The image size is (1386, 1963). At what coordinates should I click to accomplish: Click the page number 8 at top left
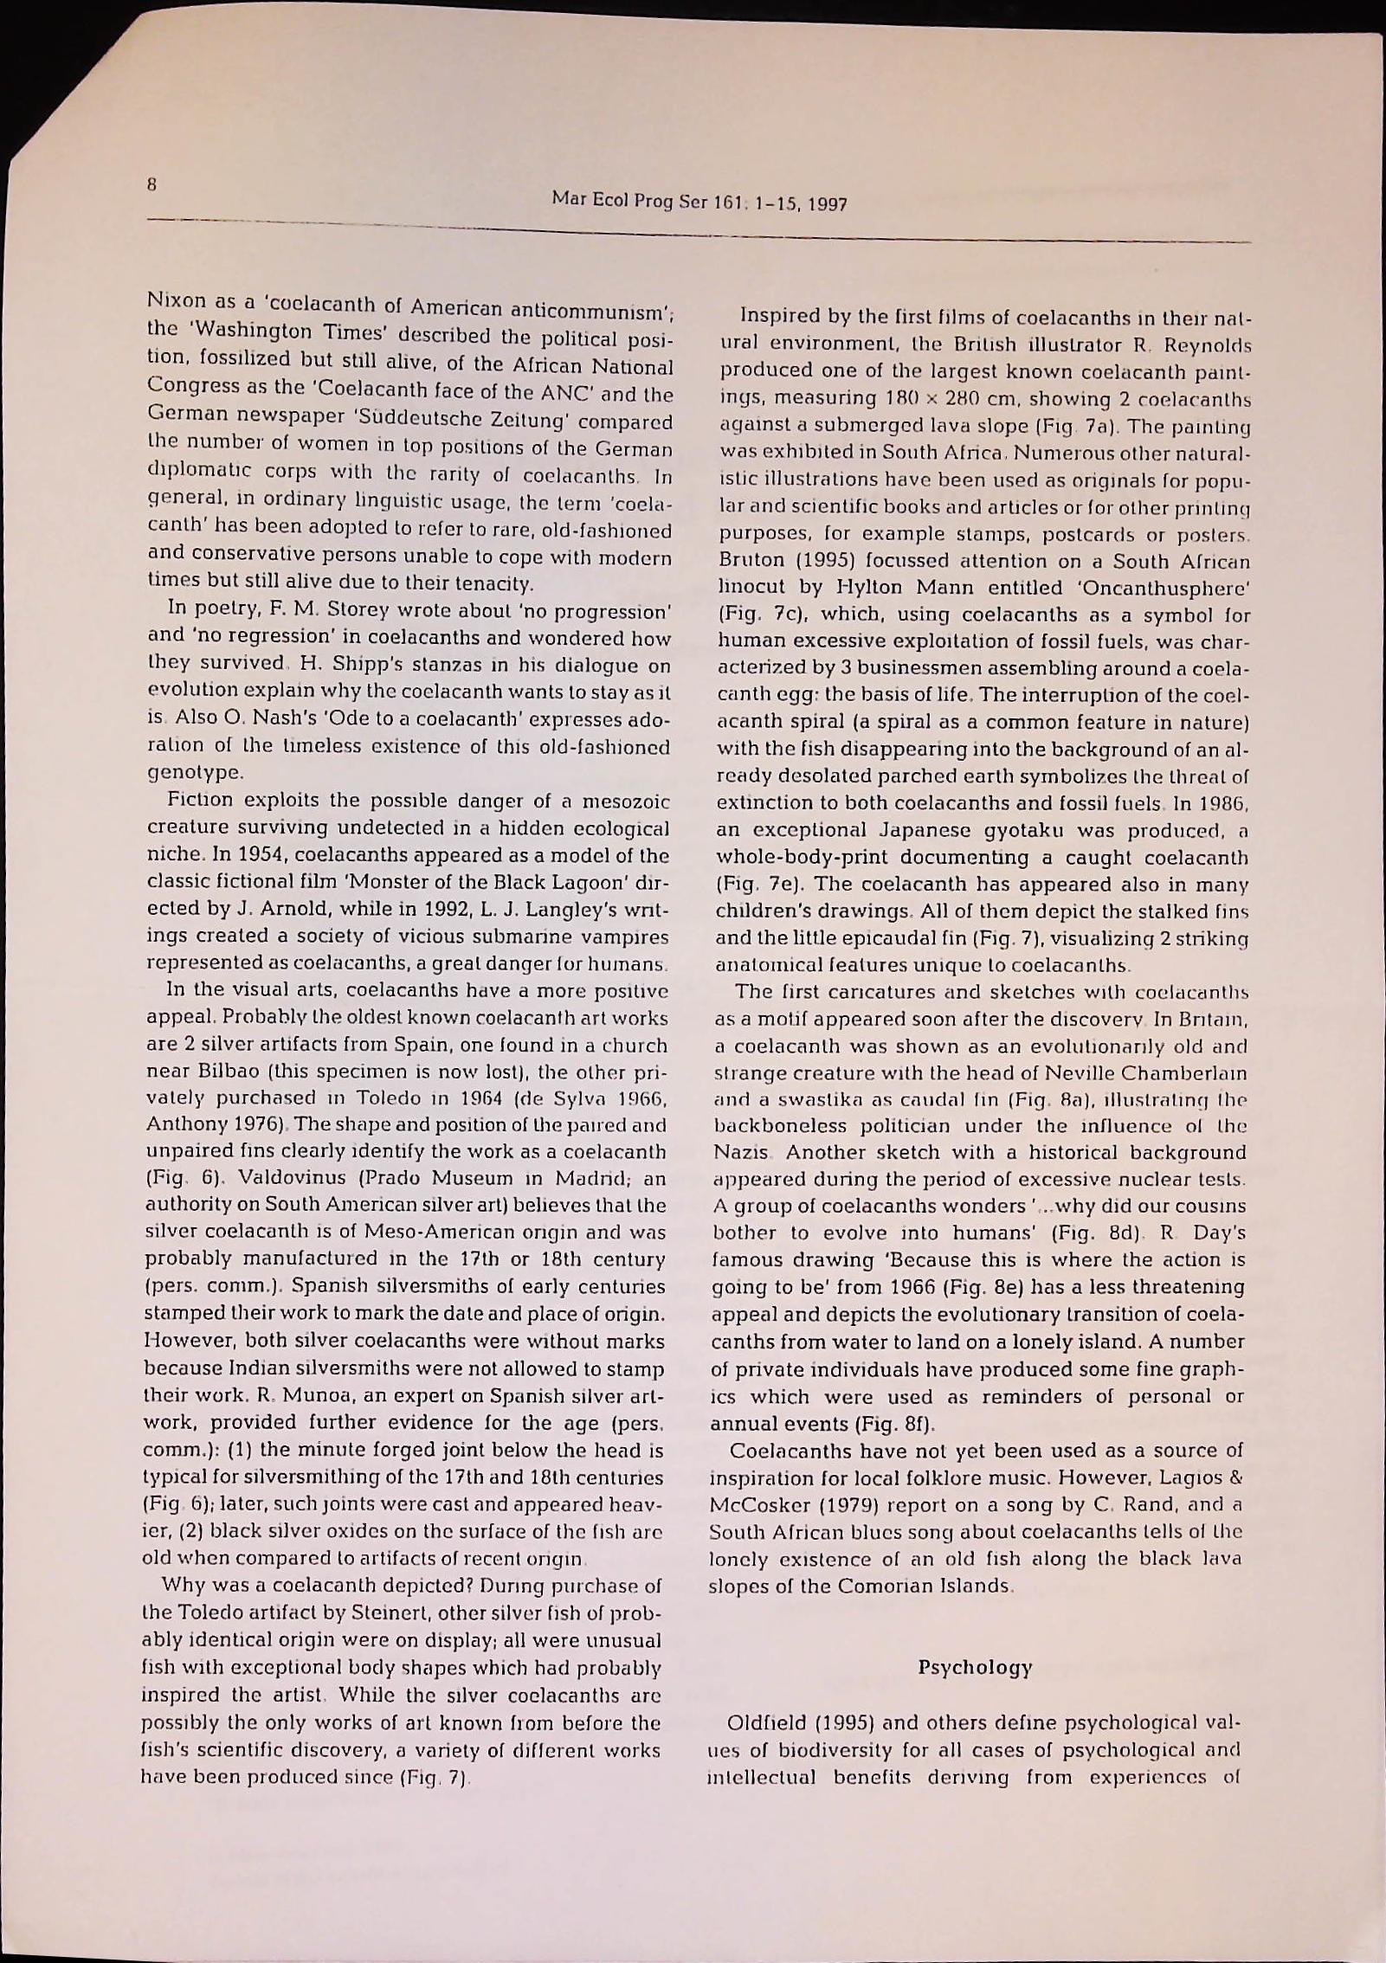click(x=152, y=183)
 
